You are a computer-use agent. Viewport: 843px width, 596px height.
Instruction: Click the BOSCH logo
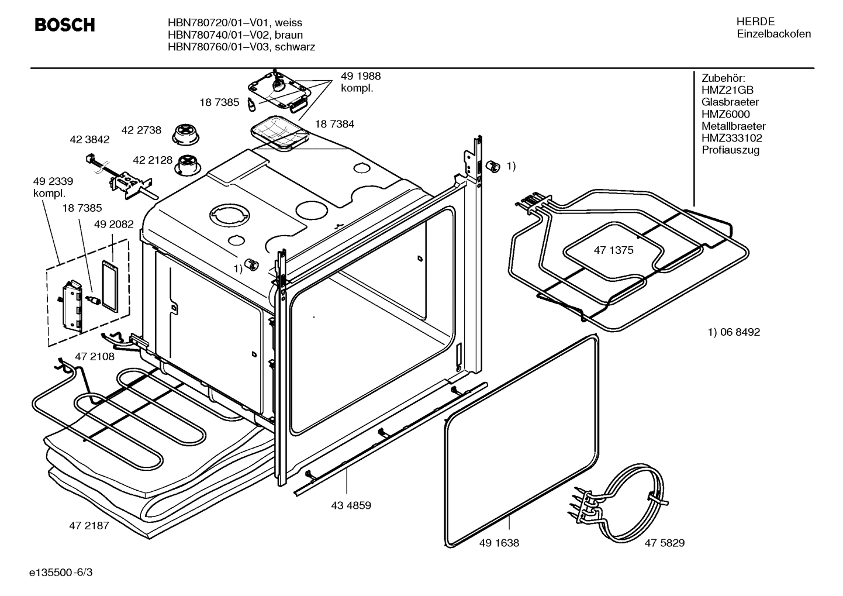pyautogui.click(x=64, y=25)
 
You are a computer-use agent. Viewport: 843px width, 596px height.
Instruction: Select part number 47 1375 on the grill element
pyautogui.click(x=613, y=250)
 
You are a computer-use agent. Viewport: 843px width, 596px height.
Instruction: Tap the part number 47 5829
pyautogui.click(x=664, y=543)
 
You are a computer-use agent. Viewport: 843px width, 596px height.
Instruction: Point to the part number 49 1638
pyautogui.click(x=499, y=543)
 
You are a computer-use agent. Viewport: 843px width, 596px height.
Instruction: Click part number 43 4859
pyautogui.click(x=351, y=505)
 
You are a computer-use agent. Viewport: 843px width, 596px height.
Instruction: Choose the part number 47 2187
pyautogui.click(x=89, y=525)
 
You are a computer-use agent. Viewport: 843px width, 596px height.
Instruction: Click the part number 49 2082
pyautogui.click(x=113, y=224)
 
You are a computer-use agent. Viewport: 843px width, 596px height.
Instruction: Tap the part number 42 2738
pyautogui.click(x=141, y=130)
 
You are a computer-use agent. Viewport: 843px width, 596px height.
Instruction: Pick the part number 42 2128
pyautogui.click(x=152, y=160)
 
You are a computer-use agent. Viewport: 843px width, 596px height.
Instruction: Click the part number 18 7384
pyautogui.click(x=334, y=124)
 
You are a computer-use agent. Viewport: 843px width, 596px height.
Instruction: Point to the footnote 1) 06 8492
pyautogui.click(x=734, y=332)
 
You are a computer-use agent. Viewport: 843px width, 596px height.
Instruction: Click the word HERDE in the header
pyautogui.click(x=755, y=22)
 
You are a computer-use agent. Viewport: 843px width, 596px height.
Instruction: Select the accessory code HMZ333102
pyautogui.click(x=731, y=138)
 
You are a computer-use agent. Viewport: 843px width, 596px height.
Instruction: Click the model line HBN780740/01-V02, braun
pyautogui.click(x=235, y=35)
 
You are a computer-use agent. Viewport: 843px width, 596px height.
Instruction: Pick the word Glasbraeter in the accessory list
pyautogui.click(x=730, y=102)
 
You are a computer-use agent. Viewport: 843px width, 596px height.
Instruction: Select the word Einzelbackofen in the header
pyautogui.click(x=773, y=34)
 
